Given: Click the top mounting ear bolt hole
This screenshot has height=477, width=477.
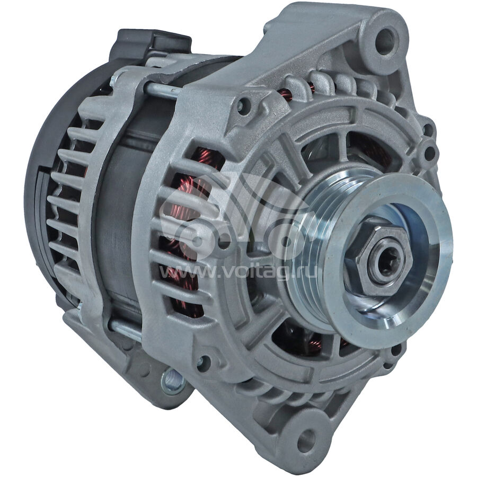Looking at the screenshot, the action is coord(385,42).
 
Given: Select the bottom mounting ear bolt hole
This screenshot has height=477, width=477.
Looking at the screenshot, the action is coord(306,439).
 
